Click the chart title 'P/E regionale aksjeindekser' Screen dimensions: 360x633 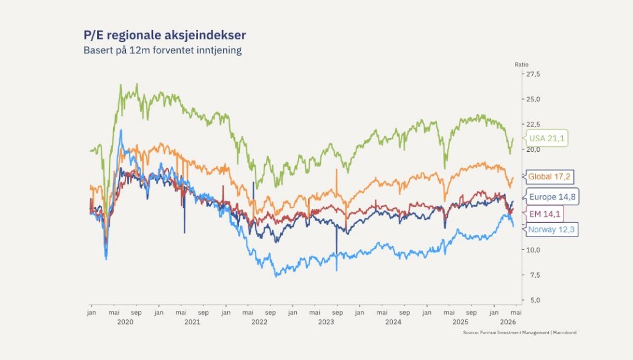(x=165, y=35)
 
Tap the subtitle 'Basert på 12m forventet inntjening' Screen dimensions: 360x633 (x=162, y=50)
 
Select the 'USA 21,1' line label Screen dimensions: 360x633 (x=546, y=138)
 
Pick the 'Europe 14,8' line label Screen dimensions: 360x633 (x=552, y=197)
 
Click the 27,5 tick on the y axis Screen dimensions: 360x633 (x=532, y=74)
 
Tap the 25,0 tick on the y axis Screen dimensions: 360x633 (x=532, y=99)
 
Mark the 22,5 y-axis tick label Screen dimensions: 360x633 (x=532, y=124)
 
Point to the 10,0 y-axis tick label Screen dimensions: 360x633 (x=532, y=250)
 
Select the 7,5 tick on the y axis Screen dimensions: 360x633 (x=532, y=275)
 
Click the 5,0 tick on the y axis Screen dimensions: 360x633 (x=532, y=300)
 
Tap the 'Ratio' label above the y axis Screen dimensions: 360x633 (x=521, y=65)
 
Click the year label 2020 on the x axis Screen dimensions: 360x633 (x=125, y=322)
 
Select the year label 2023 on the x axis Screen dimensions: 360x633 (x=326, y=322)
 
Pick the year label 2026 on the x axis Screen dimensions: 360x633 (x=508, y=322)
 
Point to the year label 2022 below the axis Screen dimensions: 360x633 (x=259, y=322)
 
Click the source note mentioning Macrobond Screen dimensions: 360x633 (x=520, y=333)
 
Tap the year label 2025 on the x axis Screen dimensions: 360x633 (x=460, y=322)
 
